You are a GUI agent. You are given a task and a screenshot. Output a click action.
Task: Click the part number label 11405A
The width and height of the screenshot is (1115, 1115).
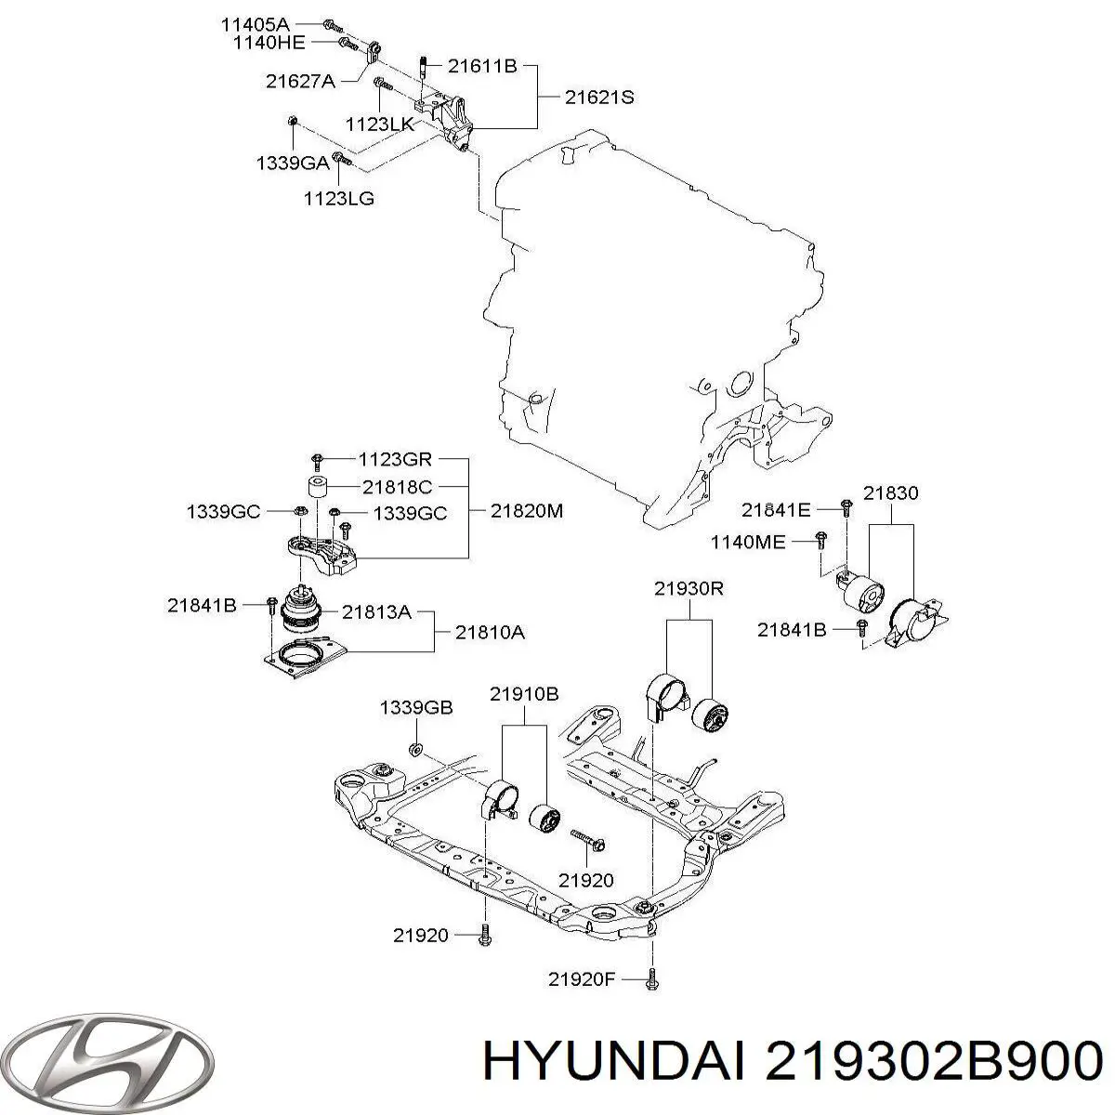pyautogui.click(x=255, y=23)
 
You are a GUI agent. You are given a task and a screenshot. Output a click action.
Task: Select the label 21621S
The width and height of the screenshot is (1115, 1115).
pyautogui.click(x=599, y=97)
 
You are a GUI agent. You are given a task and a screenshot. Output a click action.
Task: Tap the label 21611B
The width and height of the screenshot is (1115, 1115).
pyautogui.click(x=481, y=66)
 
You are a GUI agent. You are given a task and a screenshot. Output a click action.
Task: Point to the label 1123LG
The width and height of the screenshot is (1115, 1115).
pyautogui.click(x=339, y=198)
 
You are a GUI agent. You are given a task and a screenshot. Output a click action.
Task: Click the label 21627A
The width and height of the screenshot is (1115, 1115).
pyautogui.click(x=300, y=81)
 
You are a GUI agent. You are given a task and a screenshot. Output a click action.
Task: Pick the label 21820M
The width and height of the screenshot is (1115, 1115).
pyautogui.click(x=527, y=510)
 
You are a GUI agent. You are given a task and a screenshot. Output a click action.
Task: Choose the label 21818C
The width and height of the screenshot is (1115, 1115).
pyautogui.click(x=397, y=485)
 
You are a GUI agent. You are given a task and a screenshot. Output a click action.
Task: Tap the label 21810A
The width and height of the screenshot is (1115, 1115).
pyautogui.click(x=490, y=633)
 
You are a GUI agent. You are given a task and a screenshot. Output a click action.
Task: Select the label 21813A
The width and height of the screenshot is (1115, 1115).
pyautogui.click(x=375, y=611)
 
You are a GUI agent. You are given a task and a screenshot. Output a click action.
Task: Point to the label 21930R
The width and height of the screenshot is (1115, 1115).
pyautogui.click(x=689, y=587)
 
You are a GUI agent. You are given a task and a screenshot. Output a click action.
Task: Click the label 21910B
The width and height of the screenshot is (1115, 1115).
pyautogui.click(x=524, y=693)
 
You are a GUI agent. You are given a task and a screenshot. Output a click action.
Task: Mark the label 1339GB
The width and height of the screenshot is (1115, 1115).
pyautogui.click(x=415, y=708)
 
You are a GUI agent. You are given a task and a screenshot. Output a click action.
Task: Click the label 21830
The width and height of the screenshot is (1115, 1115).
pyautogui.click(x=890, y=493)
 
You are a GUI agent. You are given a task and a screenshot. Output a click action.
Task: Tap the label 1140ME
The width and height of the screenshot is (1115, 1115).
pyautogui.click(x=748, y=541)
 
